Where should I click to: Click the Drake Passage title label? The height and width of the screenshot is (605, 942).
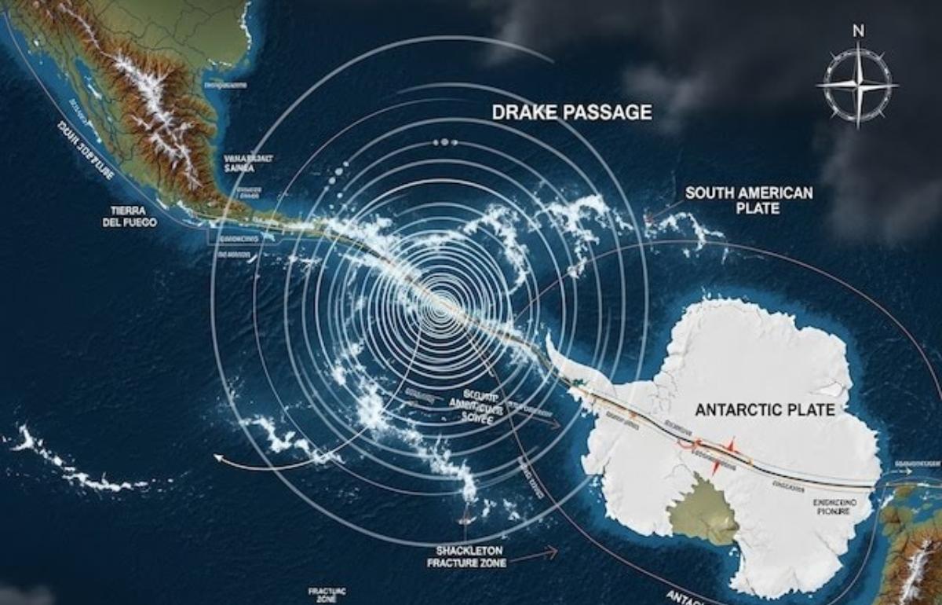(571, 112)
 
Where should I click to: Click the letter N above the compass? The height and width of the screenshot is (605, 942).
(858, 32)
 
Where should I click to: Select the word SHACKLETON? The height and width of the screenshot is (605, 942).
(469, 549)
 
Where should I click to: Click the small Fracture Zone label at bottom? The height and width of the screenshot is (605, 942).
(322, 593)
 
